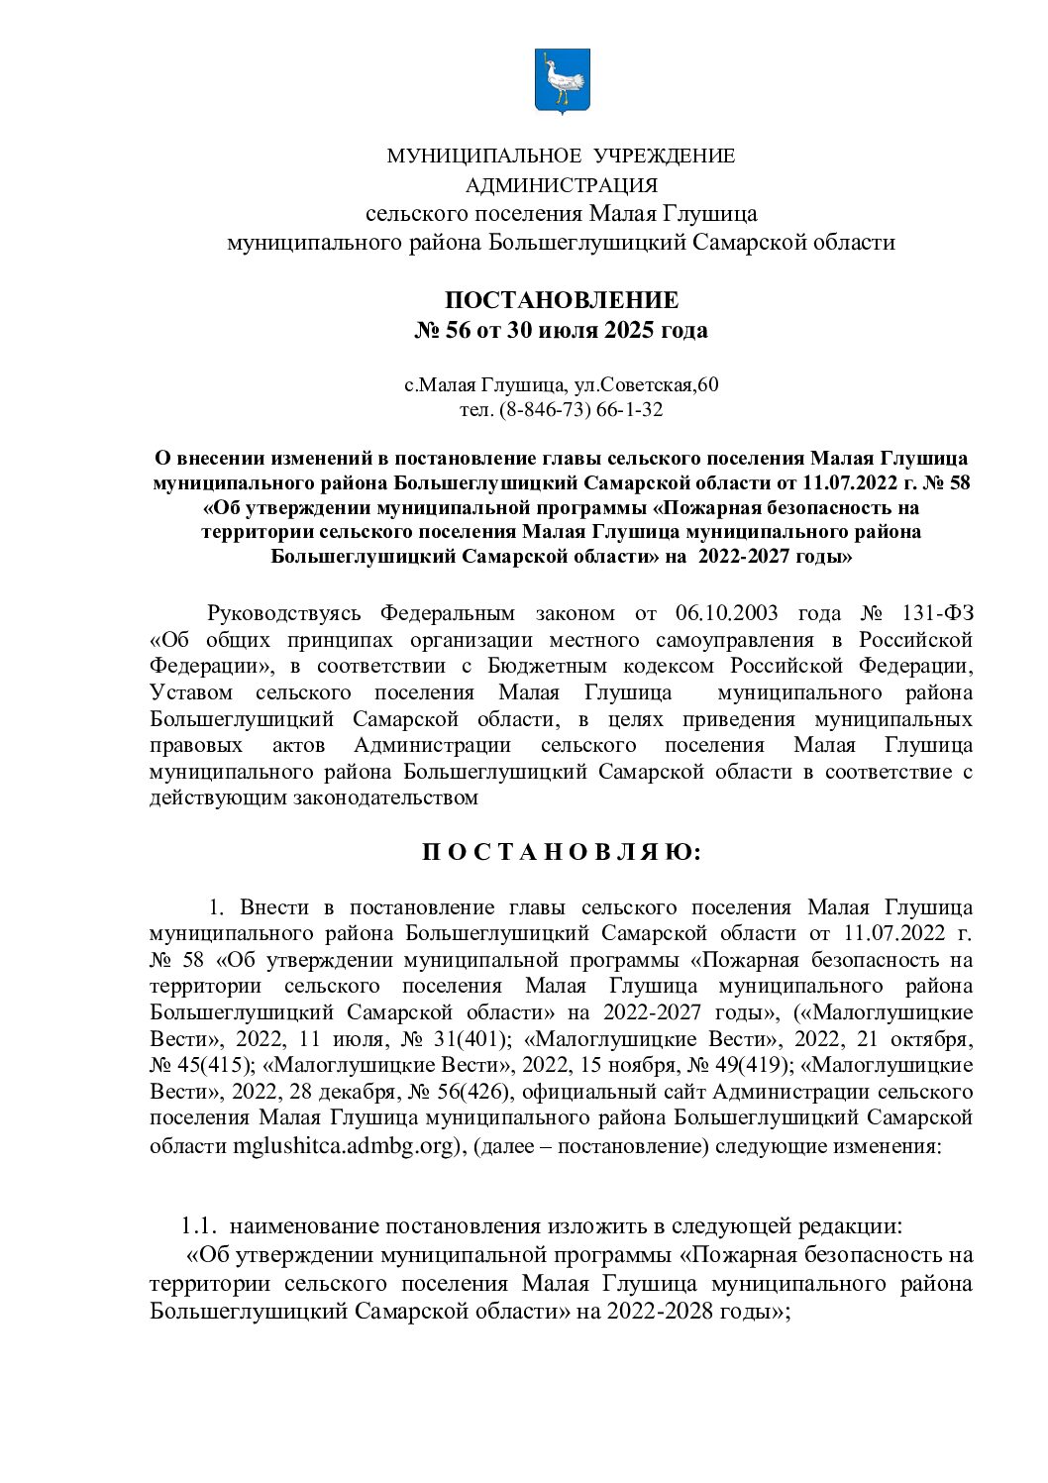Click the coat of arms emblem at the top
562,81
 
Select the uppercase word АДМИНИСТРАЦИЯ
562,185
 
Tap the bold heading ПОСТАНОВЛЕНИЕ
562,300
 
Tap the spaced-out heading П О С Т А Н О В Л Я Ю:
562,852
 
